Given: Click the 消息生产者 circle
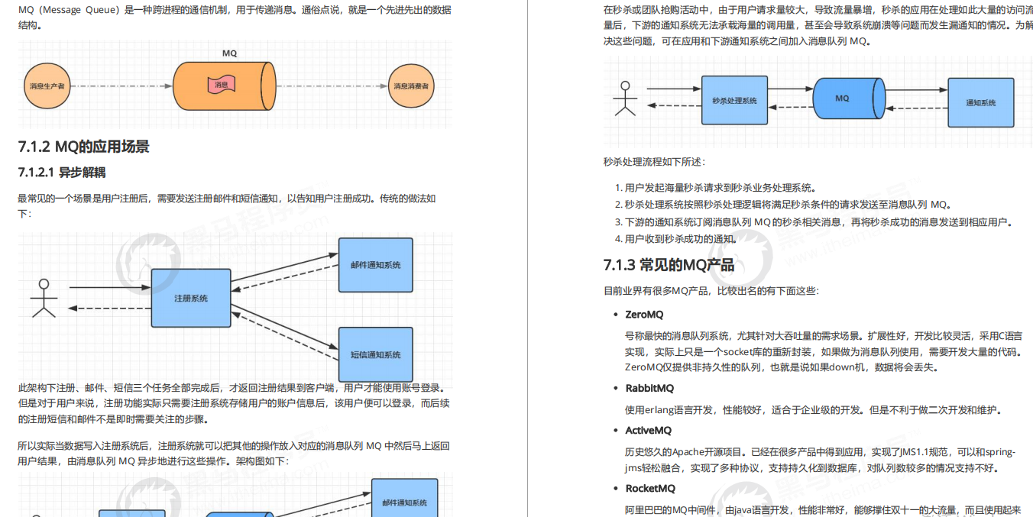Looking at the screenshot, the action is coord(47,86).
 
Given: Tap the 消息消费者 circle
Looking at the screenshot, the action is coord(411,86).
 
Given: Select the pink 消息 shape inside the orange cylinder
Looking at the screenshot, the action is coord(221,85).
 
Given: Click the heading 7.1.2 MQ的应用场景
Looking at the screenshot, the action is coord(84,147).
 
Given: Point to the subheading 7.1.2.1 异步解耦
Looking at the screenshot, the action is coord(62,173).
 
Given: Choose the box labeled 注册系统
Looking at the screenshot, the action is coord(191,298).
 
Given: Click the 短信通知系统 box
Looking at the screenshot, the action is coord(375,354).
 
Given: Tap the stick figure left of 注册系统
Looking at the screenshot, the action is coord(44,298).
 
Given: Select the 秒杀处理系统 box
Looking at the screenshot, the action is coord(734,100).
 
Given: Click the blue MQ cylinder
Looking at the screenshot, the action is coord(843,99).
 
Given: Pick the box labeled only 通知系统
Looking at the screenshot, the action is coord(981,102).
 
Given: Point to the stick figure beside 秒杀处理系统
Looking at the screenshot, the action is coord(626,99).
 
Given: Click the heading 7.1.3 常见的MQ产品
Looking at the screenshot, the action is coord(669,265).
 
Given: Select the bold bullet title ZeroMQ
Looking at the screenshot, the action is coord(644,315).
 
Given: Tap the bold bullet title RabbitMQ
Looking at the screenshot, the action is coord(649,388).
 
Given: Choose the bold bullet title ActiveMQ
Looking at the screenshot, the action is coord(648,431).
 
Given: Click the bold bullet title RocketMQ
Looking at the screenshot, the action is coord(650,489).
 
